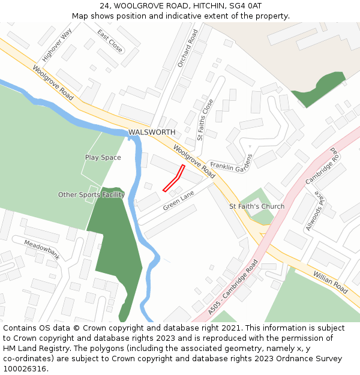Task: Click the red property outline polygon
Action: click(174, 179)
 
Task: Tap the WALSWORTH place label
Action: click(152, 132)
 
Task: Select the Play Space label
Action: click(103, 158)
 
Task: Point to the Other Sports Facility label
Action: click(91, 195)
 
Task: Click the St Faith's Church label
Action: click(257, 206)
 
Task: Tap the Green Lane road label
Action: click(179, 200)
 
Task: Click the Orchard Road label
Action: click(187, 48)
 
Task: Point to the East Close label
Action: click(110, 40)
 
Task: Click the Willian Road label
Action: click(330, 282)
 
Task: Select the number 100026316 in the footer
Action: click(25, 368)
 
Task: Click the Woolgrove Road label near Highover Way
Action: click(53, 83)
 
